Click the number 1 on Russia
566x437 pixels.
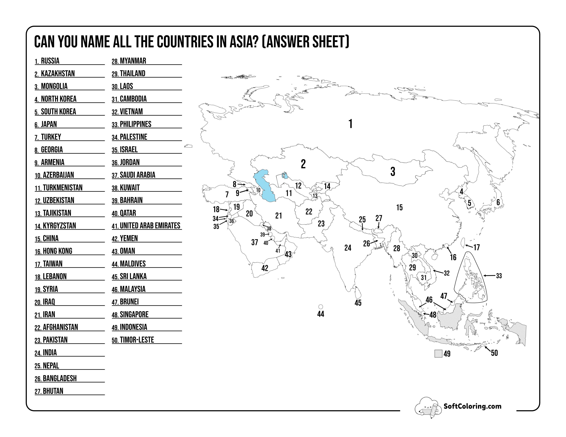click(x=350, y=124)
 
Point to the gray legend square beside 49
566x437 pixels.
click(x=438, y=354)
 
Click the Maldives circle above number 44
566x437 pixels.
click(x=321, y=307)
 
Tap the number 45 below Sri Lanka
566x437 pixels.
click(x=358, y=303)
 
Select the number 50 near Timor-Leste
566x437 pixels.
click(x=494, y=353)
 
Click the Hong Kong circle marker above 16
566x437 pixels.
click(x=446, y=245)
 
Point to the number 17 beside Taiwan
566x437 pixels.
click(x=476, y=247)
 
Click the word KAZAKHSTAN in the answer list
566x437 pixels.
click(x=58, y=74)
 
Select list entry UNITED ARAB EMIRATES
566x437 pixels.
click(x=150, y=226)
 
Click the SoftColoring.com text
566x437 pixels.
click(x=472, y=406)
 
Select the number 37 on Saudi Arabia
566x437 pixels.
click(x=255, y=242)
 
